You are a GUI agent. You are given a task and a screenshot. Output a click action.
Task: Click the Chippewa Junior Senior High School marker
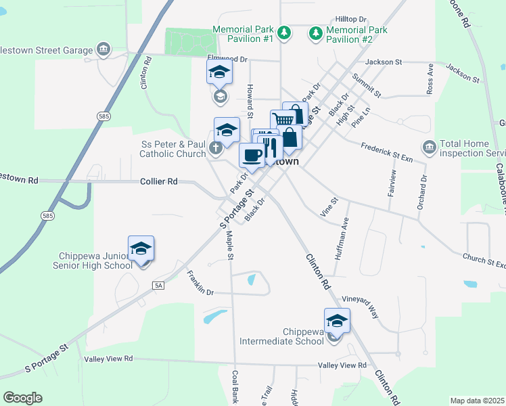point(141,248)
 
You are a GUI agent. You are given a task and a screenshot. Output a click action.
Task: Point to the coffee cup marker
point(252,155)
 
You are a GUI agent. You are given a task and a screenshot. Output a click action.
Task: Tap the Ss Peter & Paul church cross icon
point(216,148)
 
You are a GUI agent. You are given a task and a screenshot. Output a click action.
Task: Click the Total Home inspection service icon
point(429,147)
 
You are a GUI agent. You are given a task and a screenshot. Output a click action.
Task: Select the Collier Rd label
point(159,181)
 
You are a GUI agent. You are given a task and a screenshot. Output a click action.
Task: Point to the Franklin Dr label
point(200,284)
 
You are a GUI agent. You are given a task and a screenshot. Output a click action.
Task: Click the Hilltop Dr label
point(350,20)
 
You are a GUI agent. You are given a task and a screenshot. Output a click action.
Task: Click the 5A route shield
point(158,286)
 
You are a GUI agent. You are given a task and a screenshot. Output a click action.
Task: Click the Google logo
point(22,398)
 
